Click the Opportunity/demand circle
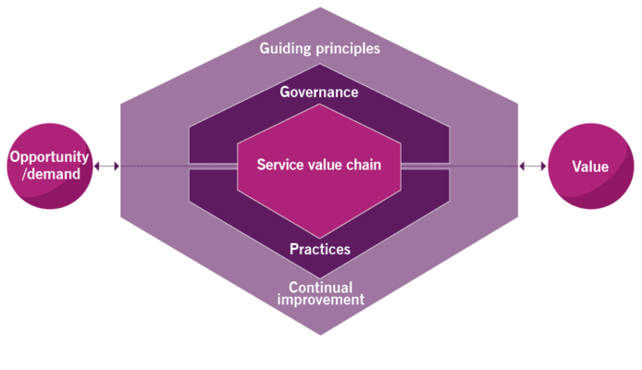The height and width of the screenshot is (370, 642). tap(50, 166)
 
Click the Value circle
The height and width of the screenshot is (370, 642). tap(590, 166)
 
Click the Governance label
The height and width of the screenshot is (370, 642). tap(319, 92)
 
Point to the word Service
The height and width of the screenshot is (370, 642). tap(279, 166)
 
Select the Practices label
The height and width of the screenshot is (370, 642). tap(319, 249)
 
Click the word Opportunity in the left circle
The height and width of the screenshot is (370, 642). tap(50, 158)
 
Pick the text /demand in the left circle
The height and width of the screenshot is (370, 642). tap(50, 175)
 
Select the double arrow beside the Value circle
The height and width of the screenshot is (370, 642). tap(533, 166)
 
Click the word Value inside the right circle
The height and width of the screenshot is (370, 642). tap(590, 166)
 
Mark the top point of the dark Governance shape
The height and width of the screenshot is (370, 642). tap(319, 65)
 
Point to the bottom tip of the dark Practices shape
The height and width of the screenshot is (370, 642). tap(319, 275)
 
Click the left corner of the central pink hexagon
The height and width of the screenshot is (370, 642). tap(238, 166)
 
